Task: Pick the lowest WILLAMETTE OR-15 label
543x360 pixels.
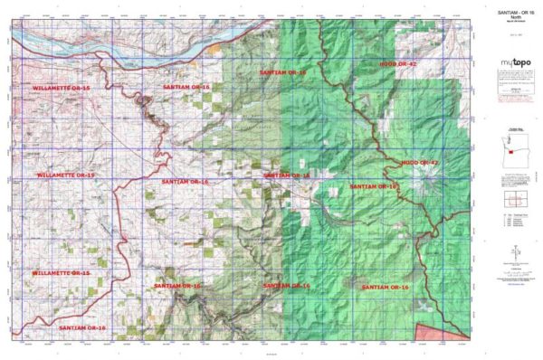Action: (x=62, y=271)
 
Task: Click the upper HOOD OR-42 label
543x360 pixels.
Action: (x=396, y=65)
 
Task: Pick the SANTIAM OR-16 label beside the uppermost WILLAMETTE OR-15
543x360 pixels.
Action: (x=186, y=85)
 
